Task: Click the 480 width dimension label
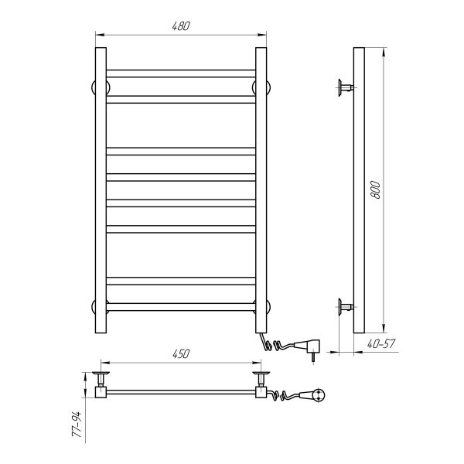pos(181,26)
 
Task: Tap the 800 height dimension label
pos(375,189)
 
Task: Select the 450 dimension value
pos(181,353)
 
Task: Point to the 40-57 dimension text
pos(381,343)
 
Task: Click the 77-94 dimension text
pos(77,424)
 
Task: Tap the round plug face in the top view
pos(319,395)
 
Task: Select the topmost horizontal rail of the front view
pos(181,73)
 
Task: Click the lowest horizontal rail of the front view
pos(181,307)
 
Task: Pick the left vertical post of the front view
pos(101,190)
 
